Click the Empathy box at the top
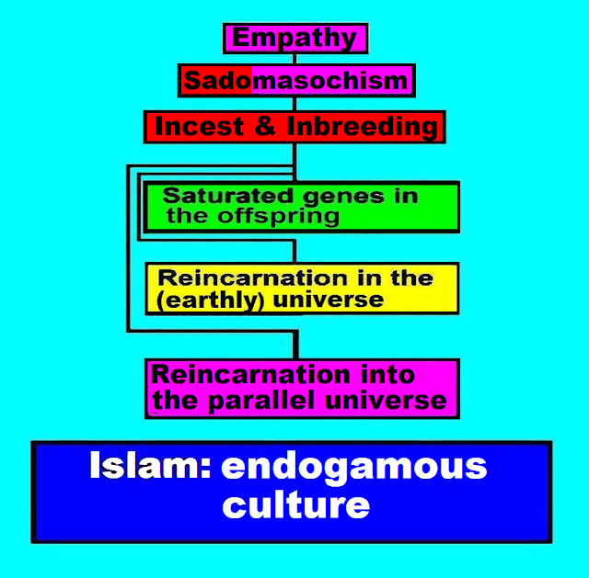pyautogui.click(x=295, y=39)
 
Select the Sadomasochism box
pyautogui.click(x=295, y=81)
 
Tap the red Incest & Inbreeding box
pyautogui.click(x=294, y=127)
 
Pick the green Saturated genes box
pyautogui.click(x=302, y=207)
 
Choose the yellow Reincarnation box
pyautogui.click(x=302, y=289)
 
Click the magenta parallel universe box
pyautogui.click(x=302, y=387)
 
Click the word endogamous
pyautogui.click(x=354, y=467)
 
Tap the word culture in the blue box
pyautogui.click(x=295, y=504)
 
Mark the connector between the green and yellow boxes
pyautogui.click(x=294, y=247)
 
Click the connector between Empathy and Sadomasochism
pyautogui.click(x=295, y=59)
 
